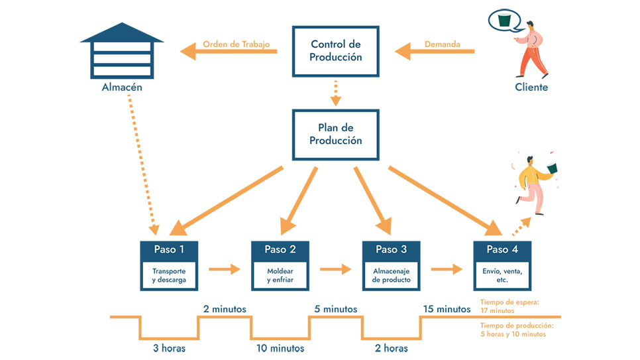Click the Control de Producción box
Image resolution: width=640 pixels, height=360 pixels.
point(336,51)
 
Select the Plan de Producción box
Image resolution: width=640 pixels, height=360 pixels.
point(336,135)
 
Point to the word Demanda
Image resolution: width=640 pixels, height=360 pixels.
point(442,44)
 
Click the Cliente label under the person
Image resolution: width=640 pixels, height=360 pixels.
point(531,87)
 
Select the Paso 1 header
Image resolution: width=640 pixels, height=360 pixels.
point(169,249)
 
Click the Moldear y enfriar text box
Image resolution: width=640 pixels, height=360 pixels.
point(280,275)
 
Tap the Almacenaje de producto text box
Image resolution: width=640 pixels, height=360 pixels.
point(391,275)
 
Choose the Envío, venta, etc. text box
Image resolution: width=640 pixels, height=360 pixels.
point(502,275)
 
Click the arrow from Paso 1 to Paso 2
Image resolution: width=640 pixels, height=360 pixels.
point(225,269)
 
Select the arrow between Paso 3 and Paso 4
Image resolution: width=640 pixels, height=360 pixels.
point(447,269)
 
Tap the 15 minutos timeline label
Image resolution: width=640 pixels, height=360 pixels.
point(446,308)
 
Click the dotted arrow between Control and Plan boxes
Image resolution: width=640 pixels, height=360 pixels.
point(336,93)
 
